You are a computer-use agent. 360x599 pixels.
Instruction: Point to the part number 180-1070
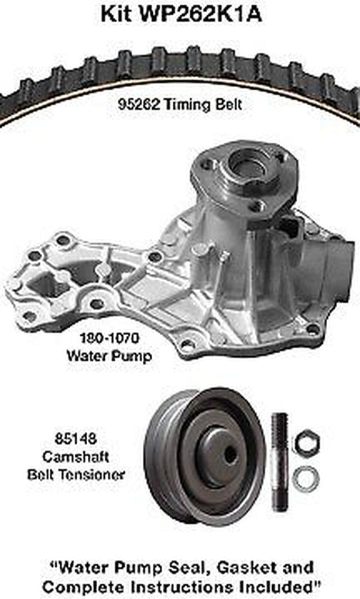click(110, 339)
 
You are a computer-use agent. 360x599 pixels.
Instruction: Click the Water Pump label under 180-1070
click(109, 354)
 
